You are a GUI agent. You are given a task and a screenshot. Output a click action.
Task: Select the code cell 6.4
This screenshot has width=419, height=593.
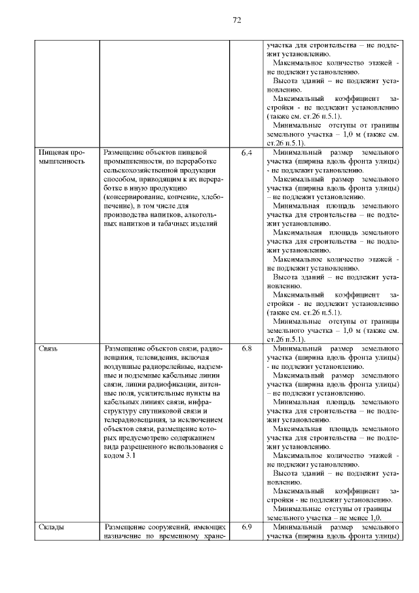coord(246,153)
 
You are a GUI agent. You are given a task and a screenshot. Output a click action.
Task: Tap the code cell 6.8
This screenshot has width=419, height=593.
coord(246,348)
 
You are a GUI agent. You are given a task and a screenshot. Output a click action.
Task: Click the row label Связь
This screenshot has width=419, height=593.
coord(48,348)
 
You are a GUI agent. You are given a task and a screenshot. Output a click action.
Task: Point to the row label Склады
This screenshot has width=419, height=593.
coord(50,527)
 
